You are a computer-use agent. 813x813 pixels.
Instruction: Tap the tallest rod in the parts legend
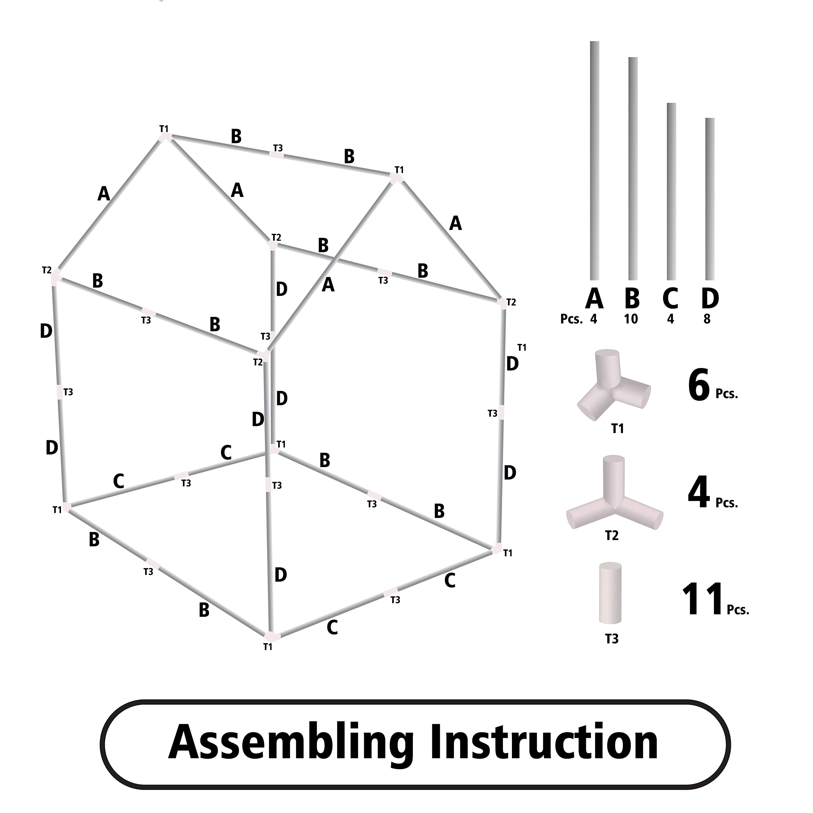(594, 160)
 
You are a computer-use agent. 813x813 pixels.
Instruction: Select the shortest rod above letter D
(709, 198)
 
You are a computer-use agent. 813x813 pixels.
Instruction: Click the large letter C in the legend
(670, 298)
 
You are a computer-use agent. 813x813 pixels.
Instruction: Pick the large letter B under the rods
(632, 298)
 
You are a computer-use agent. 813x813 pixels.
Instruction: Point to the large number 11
(702, 599)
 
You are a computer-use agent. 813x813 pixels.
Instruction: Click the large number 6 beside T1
(699, 385)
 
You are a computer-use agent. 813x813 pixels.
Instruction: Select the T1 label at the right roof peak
(399, 170)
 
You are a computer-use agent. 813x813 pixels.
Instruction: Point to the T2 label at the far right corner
(511, 302)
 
